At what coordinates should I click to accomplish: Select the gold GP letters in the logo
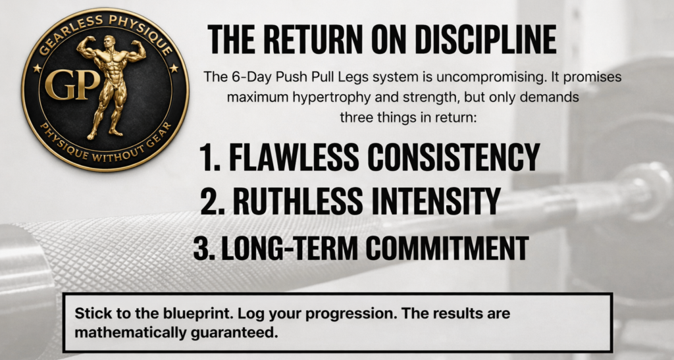[x=72, y=85]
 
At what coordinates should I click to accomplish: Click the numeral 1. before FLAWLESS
[x=210, y=157]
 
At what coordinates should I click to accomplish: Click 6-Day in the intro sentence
[x=247, y=77]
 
